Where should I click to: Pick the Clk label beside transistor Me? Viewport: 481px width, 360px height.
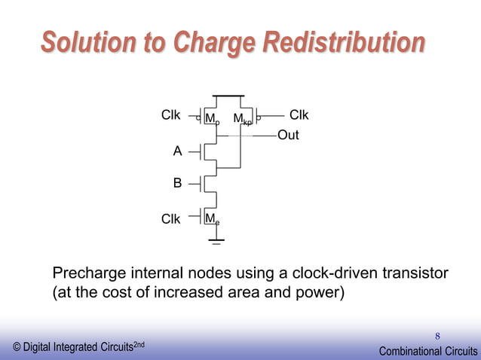pyautogui.click(x=171, y=219)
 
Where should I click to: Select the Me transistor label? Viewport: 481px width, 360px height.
pyautogui.click(x=213, y=219)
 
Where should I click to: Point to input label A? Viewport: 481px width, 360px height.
pyautogui.click(x=178, y=151)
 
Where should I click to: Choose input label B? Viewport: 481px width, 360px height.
pyautogui.click(x=178, y=182)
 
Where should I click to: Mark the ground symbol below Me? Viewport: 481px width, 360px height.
pyautogui.click(x=216, y=242)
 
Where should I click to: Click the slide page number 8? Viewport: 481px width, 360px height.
pyautogui.click(x=437, y=335)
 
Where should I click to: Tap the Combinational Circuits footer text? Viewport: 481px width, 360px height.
pyautogui.click(x=427, y=351)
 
